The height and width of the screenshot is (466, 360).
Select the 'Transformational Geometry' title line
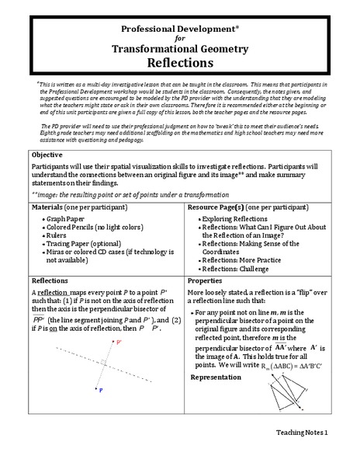[x=179, y=48]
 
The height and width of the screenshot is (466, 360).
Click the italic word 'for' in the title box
[x=179, y=37]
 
